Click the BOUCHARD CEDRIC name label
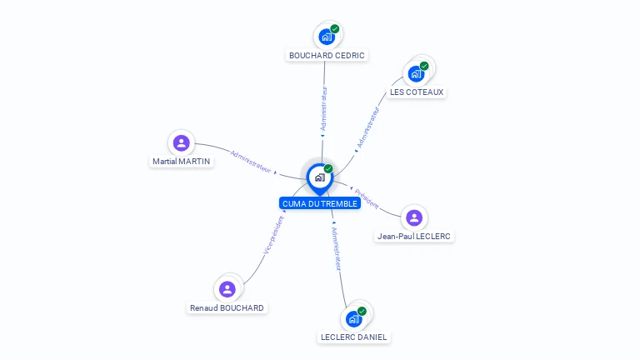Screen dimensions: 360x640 tap(327, 56)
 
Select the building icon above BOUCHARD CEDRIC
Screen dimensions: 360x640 tap(327, 37)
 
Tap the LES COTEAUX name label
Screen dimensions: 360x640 tap(417, 92)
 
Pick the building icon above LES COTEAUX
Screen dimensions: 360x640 tap(416, 73)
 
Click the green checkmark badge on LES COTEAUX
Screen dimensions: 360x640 tap(424, 65)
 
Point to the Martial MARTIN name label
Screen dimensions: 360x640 tap(181, 162)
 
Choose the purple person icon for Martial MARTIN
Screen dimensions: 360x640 tap(181, 142)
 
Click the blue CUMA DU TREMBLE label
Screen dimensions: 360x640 tap(320, 203)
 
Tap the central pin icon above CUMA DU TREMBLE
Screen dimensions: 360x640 tap(319, 177)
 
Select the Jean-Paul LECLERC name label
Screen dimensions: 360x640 tap(414, 237)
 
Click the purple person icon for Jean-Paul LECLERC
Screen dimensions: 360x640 tap(414, 217)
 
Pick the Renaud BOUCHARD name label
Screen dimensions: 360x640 tap(227, 308)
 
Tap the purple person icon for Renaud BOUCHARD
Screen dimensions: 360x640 tap(227, 289)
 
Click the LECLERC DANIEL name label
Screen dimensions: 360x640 tap(354, 337)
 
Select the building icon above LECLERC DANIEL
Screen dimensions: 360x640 tap(354, 318)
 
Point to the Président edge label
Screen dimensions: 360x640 tap(367, 198)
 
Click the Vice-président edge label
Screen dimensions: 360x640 tap(273, 234)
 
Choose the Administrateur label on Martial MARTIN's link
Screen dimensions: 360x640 tap(251, 161)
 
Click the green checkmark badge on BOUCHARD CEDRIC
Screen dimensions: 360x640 tap(335, 28)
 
